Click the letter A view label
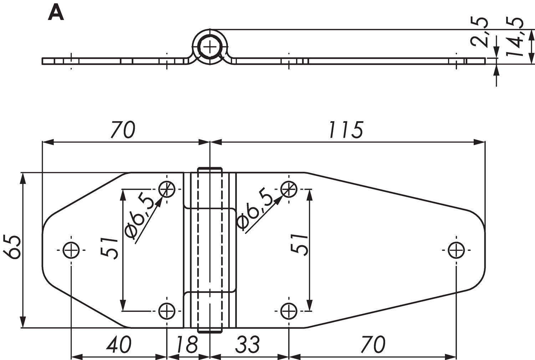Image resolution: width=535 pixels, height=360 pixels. tap(56, 14)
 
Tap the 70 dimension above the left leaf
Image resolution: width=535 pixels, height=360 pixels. tap(122, 130)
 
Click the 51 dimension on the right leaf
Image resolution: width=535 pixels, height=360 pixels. tap(299, 244)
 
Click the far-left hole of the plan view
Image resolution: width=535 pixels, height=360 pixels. tap(71, 250)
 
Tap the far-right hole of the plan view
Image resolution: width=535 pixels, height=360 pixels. tap(456, 250)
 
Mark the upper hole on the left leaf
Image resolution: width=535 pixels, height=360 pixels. tap(167, 189)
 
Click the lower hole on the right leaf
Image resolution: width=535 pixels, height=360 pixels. tap(289, 311)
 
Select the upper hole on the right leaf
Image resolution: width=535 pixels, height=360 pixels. tap(289, 189)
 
